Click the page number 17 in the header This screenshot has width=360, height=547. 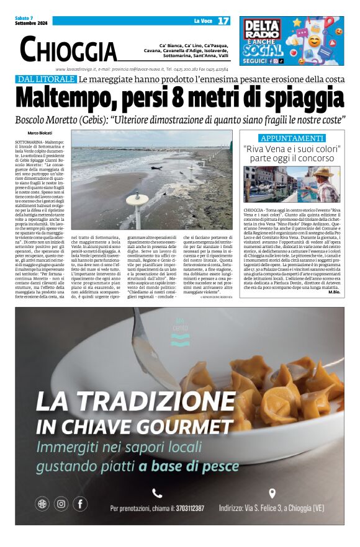(223, 20)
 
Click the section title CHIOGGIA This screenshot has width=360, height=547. (68, 49)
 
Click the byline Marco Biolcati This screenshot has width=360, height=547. (40, 133)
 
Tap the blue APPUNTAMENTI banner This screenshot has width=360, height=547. (292, 138)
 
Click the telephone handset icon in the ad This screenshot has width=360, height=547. (157, 493)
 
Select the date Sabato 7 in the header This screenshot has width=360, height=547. (24, 17)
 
